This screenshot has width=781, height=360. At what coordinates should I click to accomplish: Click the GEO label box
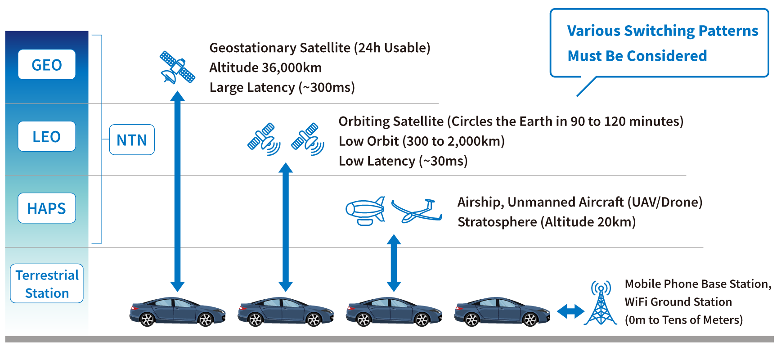(x=47, y=64)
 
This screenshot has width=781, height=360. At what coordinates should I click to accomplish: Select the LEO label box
(x=47, y=136)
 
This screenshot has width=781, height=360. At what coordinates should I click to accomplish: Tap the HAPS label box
(x=47, y=208)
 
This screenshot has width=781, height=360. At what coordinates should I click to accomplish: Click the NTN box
(x=132, y=140)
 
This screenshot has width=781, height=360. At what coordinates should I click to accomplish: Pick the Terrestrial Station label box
(x=47, y=283)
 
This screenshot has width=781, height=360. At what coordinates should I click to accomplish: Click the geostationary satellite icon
(x=177, y=67)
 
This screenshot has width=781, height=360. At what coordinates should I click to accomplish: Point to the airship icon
(x=365, y=211)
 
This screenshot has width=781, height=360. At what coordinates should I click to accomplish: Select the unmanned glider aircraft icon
(x=417, y=211)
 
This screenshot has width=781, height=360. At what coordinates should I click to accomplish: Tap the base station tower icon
(x=601, y=302)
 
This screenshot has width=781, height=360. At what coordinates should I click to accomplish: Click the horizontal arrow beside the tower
(x=570, y=311)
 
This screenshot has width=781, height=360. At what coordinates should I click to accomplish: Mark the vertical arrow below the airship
(x=394, y=263)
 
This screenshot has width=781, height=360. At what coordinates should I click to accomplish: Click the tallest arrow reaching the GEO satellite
(x=177, y=191)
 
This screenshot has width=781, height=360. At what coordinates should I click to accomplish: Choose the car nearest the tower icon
(x=502, y=311)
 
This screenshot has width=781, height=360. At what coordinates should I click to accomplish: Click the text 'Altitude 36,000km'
(x=265, y=67)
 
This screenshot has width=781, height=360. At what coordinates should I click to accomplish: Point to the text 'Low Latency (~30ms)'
(x=403, y=161)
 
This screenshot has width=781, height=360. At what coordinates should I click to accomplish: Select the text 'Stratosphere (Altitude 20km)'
(x=547, y=222)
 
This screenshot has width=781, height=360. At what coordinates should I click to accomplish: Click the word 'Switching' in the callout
(x=660, y=31)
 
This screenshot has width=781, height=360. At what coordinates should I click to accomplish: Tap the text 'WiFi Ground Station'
(x=678, y=301)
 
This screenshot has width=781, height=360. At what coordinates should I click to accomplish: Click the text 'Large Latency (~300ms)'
(x=282, y=87)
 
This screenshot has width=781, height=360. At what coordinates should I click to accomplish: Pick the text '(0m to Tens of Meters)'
(x=684, y=320)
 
